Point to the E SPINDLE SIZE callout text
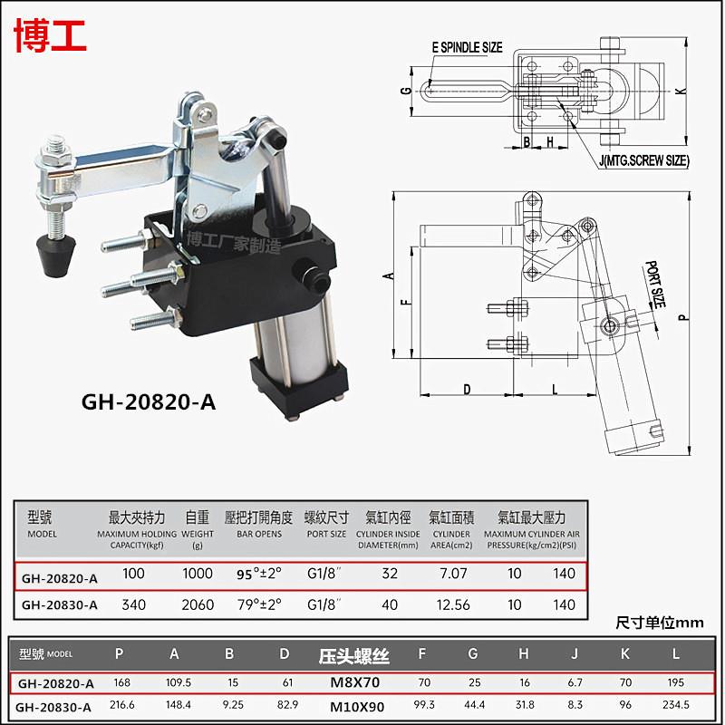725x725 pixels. tap(467, 47)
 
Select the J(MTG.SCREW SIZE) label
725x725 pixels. tap(643, 160)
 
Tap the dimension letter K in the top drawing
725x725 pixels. tap(679, 91)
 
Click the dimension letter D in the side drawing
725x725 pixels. tap(467, 389)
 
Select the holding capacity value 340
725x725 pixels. tap(134, 604)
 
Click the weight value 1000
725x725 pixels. tap(197, 574)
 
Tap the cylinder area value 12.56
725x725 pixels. tap(450, 604)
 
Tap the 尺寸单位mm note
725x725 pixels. tap(659, 623)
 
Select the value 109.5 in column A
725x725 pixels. tap(175, 682)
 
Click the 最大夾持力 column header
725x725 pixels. tap(136, 517)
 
